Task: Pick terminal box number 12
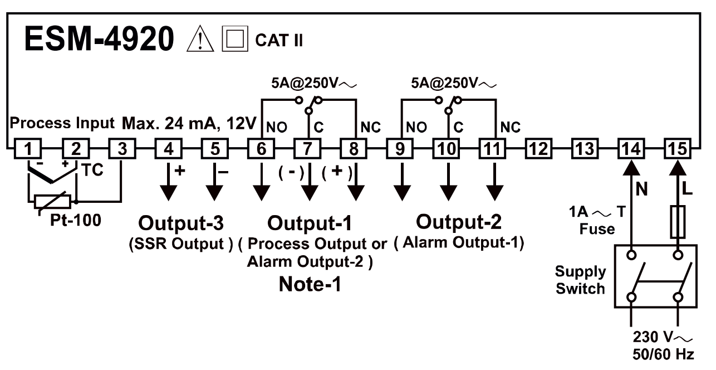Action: click(x=538, y=149)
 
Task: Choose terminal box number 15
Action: click(x=678, y=149)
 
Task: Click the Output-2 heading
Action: click(x=459, y=222)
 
